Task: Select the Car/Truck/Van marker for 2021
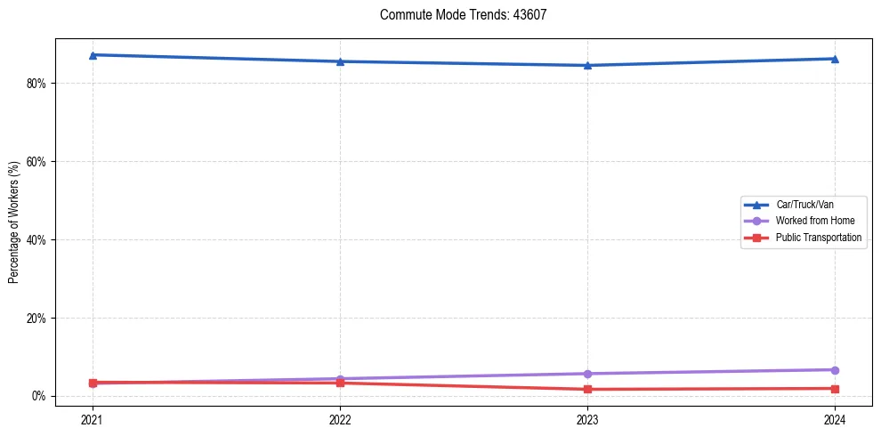(93, 55)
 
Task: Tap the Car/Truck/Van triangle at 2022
(340, 61)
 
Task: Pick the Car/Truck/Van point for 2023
(587, 65)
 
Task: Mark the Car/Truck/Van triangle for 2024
(835, 59)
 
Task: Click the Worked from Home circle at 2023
(587, 374)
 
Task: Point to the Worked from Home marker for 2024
(835, 370)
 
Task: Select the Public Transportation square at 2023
(587, 389)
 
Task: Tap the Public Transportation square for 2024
(835, 388)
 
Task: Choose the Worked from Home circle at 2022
(340, 379)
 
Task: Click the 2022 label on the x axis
(340, 418)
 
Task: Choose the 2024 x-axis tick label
(835, 418)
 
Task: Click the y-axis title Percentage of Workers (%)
(14, 222)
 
